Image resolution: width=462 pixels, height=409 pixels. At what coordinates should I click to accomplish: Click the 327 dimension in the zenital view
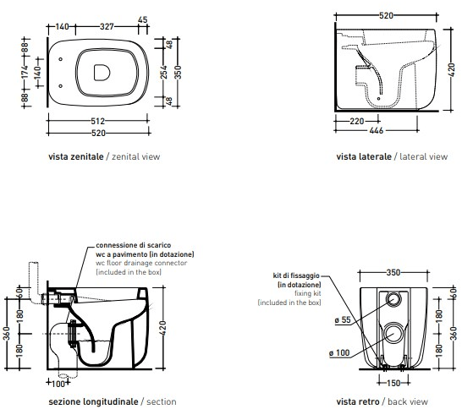click(107, 26)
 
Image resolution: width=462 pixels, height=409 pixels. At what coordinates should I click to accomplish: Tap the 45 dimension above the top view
click(143, 19)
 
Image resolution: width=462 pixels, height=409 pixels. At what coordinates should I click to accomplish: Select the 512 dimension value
click(97, 121)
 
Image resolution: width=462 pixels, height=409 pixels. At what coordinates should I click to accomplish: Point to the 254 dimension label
click(164, 73)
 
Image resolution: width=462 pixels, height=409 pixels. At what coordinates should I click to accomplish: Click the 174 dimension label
click(25, 73)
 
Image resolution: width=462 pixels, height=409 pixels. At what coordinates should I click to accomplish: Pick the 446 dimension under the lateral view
click(377, 130)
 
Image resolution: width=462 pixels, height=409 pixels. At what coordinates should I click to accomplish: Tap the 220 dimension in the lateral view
click(357, 121)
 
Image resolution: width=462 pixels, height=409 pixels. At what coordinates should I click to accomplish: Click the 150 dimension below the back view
click(393, 383)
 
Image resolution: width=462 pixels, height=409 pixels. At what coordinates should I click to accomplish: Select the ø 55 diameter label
click(343, 319)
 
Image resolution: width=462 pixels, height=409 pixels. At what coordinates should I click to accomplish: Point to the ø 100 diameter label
click(339, 352)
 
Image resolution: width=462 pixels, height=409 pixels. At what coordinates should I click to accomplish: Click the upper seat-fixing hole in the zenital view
click(60, 59)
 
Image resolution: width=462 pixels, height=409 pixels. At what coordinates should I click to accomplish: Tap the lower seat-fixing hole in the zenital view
click(60, 86)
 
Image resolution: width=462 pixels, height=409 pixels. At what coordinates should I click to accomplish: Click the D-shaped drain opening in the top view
click(102, 73)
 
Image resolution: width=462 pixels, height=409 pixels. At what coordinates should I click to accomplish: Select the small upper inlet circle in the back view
click(393, 299)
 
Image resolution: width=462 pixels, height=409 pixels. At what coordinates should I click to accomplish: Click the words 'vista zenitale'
click(76, 156)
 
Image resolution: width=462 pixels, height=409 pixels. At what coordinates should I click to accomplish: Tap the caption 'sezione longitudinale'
click(93, 401)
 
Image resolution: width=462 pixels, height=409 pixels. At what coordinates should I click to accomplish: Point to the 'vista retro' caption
click(358, 401)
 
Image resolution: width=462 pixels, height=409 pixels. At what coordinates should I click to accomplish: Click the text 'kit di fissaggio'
click(296, 275)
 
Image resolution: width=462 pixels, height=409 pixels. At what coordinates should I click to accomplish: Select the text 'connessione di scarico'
click(133, 245)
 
